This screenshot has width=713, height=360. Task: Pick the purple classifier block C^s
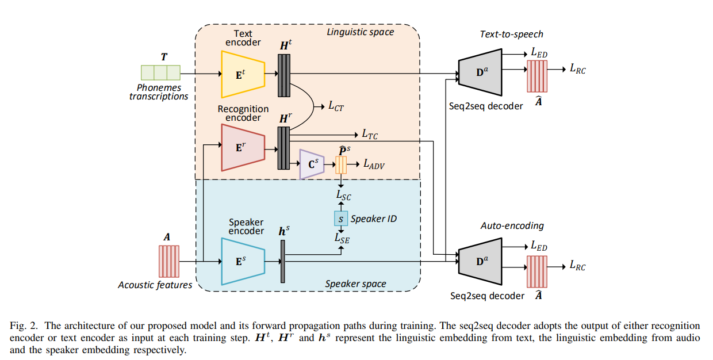click(312, 166)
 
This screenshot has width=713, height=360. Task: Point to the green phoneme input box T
click(161, 72)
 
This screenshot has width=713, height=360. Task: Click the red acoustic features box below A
click(169, 262)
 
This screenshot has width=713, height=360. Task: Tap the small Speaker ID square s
click(341, 219)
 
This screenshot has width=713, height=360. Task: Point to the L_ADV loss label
click(374, 165)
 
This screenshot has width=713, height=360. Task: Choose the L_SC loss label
click(343, 196)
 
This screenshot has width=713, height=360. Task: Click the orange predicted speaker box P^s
click(342, 165)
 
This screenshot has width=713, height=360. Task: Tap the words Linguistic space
click(360, 32)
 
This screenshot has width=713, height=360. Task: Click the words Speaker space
click(355, 284)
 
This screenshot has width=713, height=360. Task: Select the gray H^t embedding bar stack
click(284, 75)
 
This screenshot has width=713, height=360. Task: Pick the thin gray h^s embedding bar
click(283, 262)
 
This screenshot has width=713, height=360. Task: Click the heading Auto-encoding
click(504, 226)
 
